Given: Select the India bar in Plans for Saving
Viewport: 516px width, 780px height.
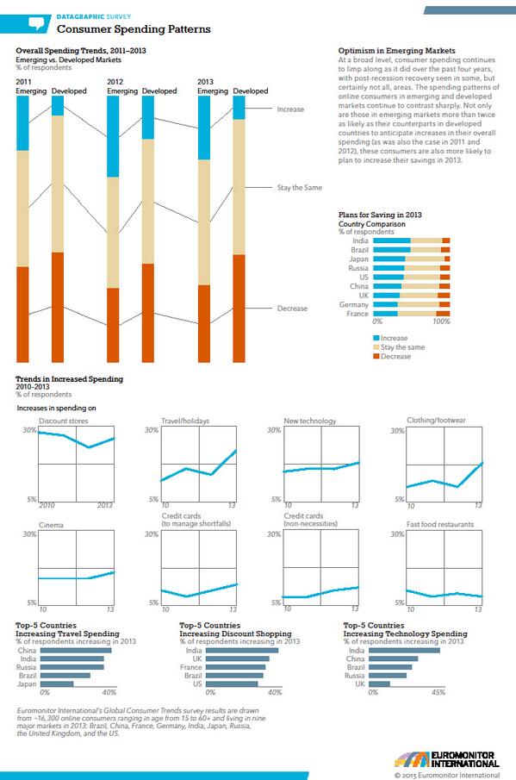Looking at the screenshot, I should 411,240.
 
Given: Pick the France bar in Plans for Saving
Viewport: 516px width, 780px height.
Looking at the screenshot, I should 411,314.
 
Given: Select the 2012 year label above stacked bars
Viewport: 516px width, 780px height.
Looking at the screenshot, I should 115,81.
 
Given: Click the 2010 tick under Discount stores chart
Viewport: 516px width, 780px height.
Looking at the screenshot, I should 47,504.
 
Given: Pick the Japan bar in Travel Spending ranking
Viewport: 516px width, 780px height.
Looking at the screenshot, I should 58,683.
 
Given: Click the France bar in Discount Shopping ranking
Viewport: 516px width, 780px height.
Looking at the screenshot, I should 235,666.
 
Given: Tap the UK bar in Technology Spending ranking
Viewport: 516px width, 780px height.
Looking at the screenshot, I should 380,683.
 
